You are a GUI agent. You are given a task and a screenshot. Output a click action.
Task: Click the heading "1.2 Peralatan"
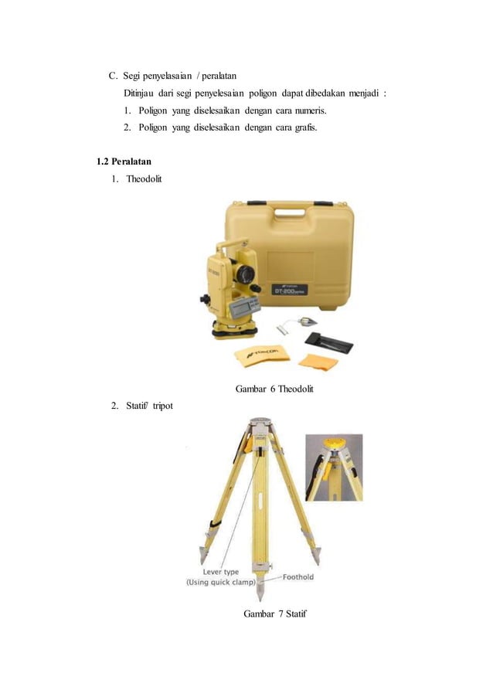tap(124, 161)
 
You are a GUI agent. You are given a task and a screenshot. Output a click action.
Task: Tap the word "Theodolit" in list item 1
tap(144, 178)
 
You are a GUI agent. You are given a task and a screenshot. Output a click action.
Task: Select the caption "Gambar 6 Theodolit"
tap(274, 389)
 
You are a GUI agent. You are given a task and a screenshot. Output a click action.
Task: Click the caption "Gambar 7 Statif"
tap(275, 614)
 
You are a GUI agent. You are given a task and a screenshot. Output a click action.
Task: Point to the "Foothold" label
tap(297, 577)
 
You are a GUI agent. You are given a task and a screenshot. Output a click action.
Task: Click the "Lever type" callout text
tap(221, 572)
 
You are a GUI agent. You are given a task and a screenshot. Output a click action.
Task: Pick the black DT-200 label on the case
tap(289, 291)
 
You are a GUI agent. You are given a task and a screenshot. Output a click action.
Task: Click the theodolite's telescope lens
tap(244, 274)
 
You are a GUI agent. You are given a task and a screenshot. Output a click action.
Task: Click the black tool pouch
tap(329, 343)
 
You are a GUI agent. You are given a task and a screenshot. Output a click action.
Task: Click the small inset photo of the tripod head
tap(334, 467)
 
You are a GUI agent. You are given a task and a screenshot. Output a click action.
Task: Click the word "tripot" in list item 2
tap(163, 406)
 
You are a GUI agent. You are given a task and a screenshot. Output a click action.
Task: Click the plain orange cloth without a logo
tap(318, 362)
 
